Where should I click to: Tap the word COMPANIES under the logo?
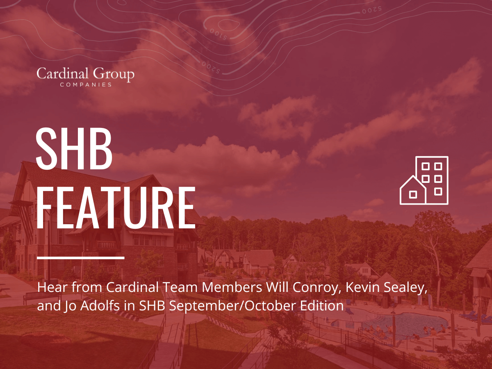[x=85, y=85]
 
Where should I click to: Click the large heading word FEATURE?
[x=116, y=208]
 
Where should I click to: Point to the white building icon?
[x=424, y=180]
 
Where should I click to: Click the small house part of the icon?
[x=413, y=191]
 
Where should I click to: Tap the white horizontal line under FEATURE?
[x=80, y=257]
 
